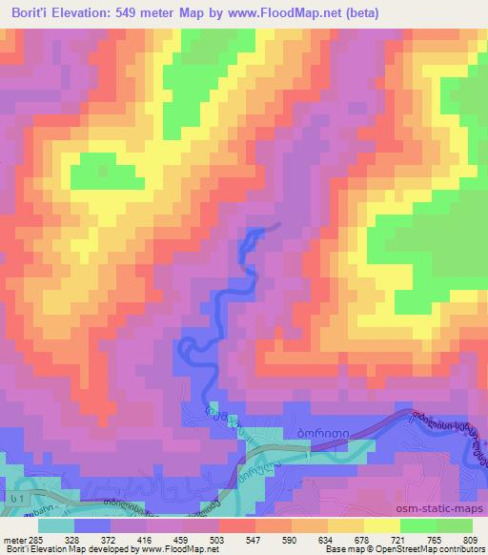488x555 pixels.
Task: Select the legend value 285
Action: pos(34,539)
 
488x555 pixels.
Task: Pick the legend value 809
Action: pos(474,539)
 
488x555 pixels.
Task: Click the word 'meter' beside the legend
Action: pos(13,539)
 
